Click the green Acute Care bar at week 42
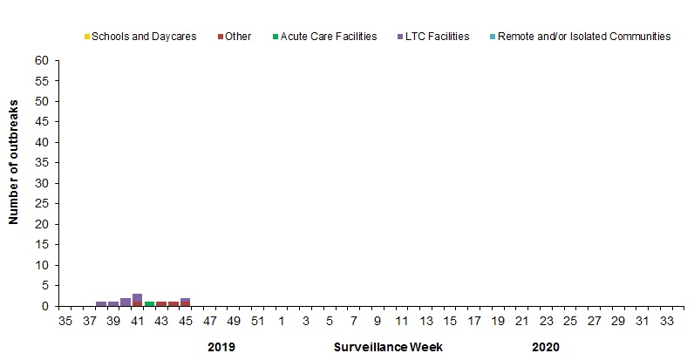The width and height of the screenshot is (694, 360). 149,303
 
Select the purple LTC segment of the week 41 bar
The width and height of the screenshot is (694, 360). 137,297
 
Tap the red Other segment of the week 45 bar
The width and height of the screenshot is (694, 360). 185,304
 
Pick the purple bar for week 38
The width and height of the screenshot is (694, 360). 101,303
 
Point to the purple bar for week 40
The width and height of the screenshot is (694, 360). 126,302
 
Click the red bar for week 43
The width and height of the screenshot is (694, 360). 161,303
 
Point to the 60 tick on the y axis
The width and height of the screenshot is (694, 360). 41,61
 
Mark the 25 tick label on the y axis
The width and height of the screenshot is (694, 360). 41,204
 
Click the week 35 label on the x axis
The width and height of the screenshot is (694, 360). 65,321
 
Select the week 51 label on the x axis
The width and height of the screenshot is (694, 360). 258,321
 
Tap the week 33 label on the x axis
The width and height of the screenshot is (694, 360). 667,321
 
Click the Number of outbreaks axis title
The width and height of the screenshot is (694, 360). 15,183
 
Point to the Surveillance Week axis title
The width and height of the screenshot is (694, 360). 388,347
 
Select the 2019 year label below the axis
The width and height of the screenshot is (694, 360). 221,347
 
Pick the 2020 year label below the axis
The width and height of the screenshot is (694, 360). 545,347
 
